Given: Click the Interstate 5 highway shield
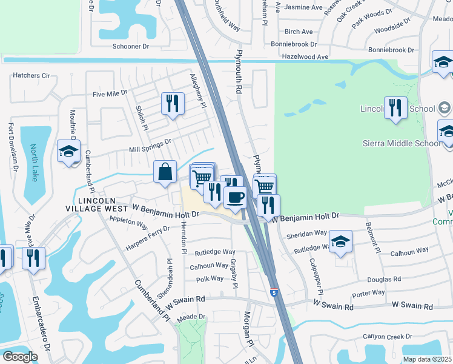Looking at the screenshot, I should [274, 292].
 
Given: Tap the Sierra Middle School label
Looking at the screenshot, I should [401, 143].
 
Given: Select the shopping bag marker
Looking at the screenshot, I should [165, 172].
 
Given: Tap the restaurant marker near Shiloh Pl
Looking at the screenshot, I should [173, 103].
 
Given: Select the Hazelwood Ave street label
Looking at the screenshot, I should [305, 56].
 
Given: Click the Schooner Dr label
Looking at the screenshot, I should [130, 45].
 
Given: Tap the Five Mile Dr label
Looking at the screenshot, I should [110, 93].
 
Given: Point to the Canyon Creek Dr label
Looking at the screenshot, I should [387, 336].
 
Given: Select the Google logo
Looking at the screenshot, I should [20, 357].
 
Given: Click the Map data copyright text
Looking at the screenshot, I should [427, 359].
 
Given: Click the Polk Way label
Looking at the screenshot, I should [210, 279].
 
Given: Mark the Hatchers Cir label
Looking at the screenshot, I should [31, 76].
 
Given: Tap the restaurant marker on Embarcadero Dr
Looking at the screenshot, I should [33, 257].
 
